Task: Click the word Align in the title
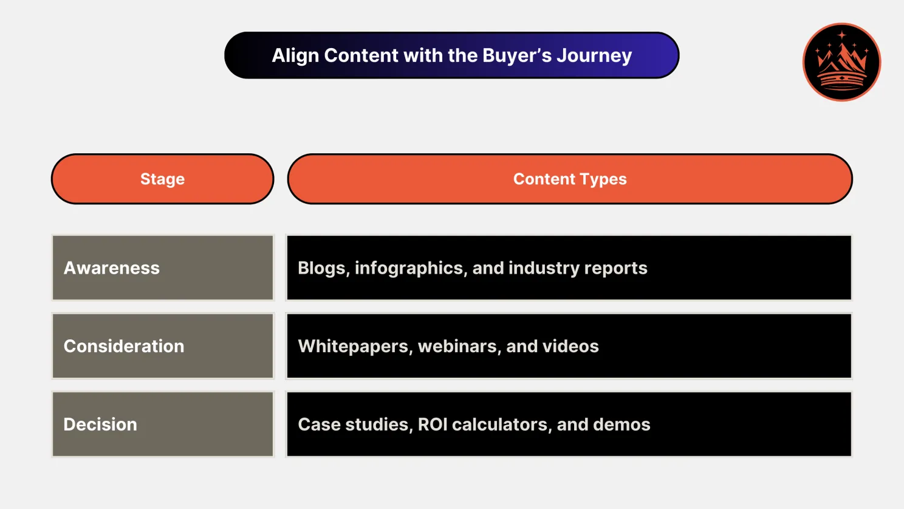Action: pos(295,55)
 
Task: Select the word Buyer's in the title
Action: pos(517,55)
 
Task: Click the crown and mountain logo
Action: pos(841,62)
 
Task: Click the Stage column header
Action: pos(162,179)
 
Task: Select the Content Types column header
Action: pos(569,179)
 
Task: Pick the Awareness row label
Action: pos(112,268)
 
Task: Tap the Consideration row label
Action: pos(124,346)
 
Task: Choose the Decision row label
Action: pos(100,424)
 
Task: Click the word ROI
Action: pos(433,424)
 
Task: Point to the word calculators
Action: pos(502,424)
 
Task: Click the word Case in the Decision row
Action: pos(319,424)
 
